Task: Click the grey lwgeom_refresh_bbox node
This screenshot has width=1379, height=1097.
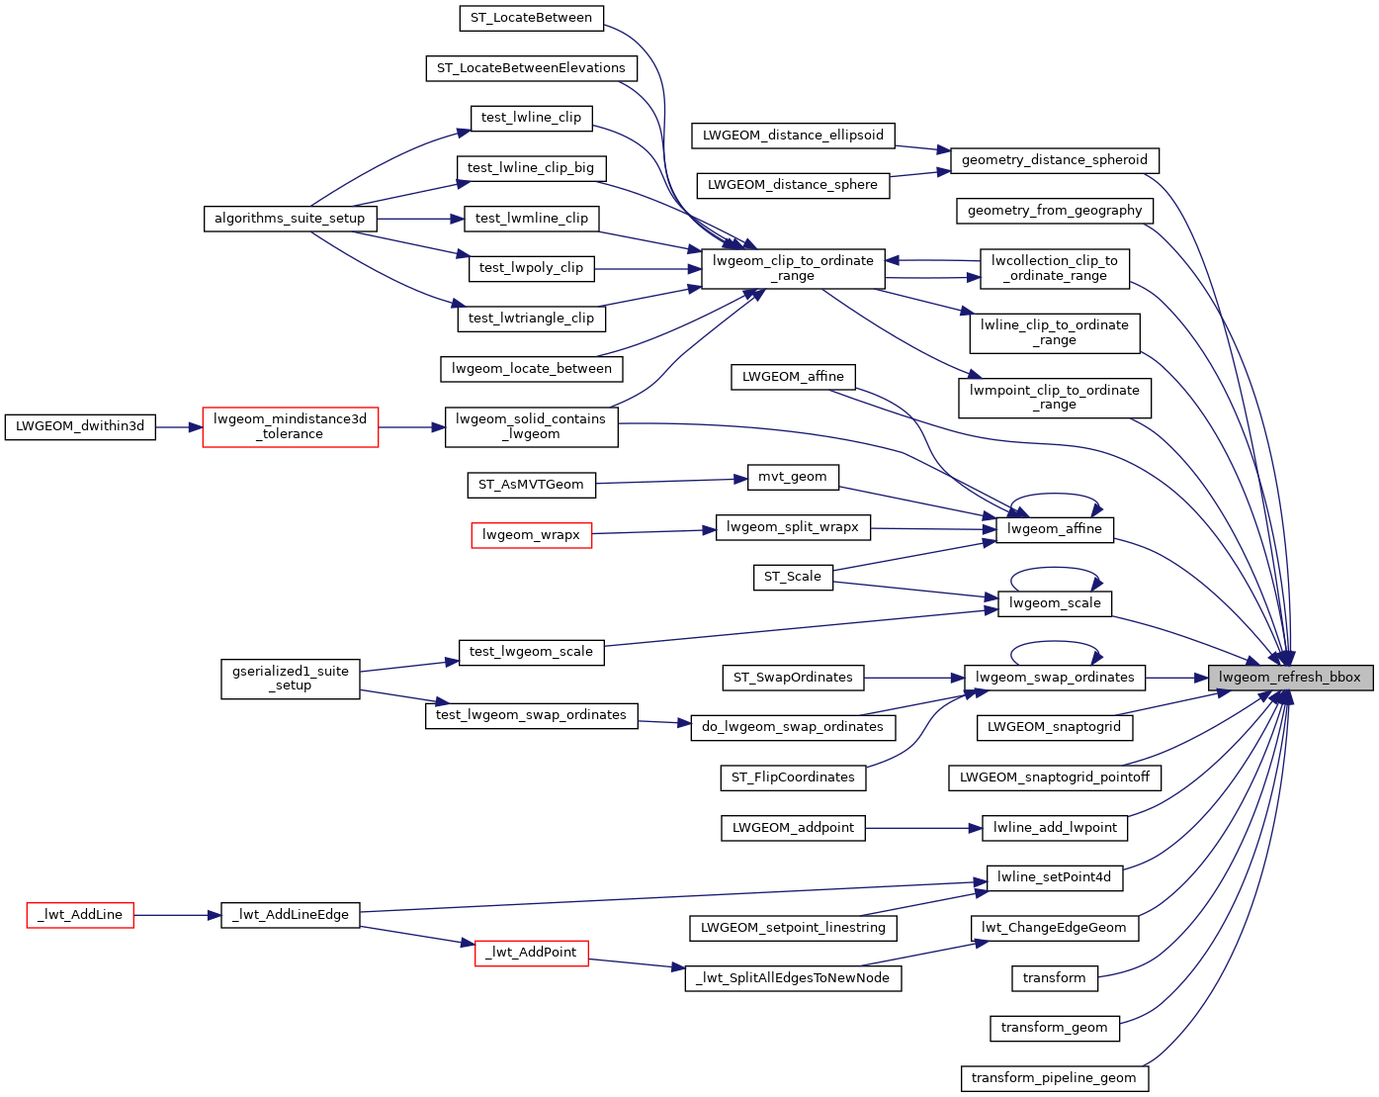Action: click(1290, 678)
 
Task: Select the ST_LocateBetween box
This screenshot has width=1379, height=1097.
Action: click(531, 18)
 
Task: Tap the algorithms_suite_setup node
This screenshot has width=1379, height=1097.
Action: click(290, 219)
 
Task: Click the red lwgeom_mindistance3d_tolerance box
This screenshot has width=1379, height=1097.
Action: click(290, 426)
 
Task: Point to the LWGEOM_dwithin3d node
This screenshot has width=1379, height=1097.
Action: click(80, 426)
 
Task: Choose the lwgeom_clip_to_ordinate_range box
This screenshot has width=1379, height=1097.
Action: click(793, 268)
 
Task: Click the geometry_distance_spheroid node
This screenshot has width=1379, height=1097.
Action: click(1054, 160)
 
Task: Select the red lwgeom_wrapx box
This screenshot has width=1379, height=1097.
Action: click(531, 535)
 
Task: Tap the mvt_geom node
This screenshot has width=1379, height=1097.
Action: click(792, 477)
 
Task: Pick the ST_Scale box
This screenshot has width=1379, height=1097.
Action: click(792, 577)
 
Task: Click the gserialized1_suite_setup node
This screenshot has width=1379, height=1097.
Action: click(290, 679)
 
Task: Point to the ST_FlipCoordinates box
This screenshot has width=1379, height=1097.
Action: click(793, 777)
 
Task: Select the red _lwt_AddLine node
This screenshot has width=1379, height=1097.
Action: click(80, 915)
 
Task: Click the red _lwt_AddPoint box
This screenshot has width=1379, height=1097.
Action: click(531, 953)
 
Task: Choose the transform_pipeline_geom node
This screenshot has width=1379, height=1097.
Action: click(1054, 1078)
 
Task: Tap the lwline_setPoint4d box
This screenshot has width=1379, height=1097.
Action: click(1054, 877)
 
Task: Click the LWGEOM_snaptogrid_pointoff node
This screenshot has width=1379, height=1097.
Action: click(1054, 777)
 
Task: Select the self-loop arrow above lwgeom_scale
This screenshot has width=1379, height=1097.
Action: click(1055, 569)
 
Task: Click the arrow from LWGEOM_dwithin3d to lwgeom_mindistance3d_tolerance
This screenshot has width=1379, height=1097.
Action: click(179, 427)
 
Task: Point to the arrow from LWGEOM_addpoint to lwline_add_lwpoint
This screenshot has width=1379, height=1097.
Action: click(923, 828)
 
